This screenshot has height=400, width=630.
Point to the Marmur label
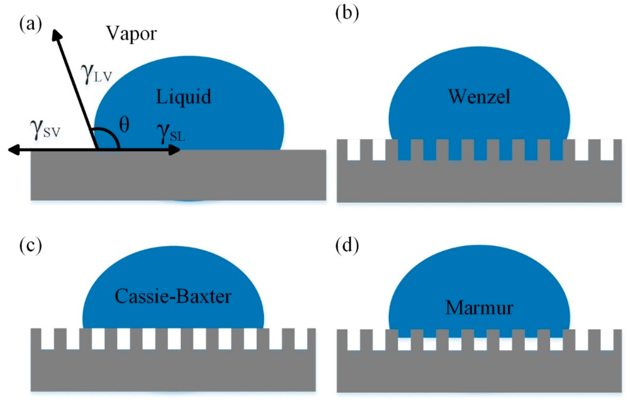tap(479, 308)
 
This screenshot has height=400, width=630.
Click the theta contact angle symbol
tap(124, 125)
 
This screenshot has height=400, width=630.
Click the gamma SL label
tap(171, 133)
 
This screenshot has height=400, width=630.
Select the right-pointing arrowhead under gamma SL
tap(175, 150)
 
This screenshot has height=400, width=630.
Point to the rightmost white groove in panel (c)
tap(301, 339)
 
